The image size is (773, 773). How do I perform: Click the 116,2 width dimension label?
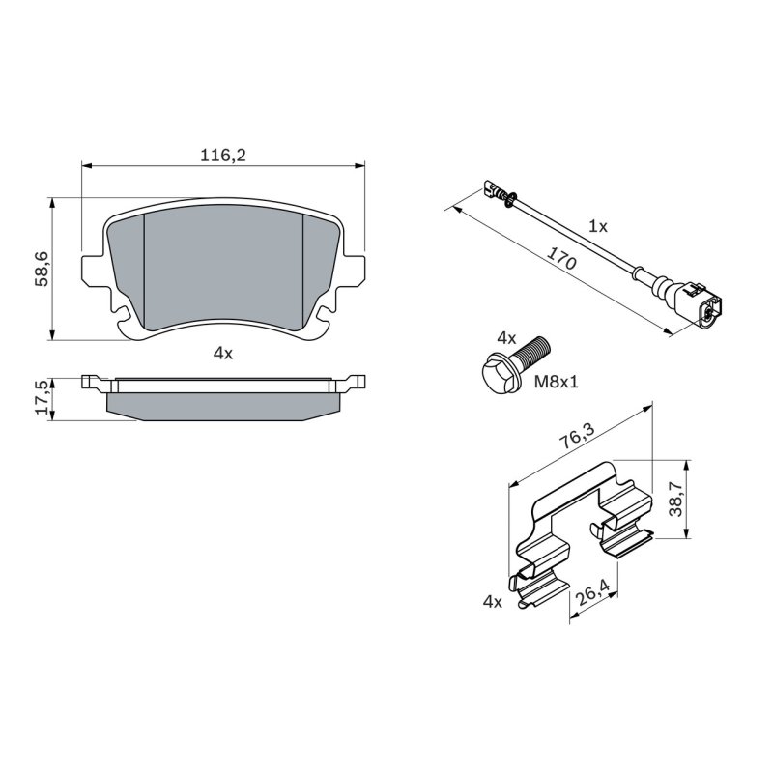pyautogui.click(x=222, y=156)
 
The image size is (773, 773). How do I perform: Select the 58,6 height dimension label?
pyautogui.click(x=42, y=269)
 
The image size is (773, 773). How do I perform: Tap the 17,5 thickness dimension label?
pyautogui.click(x=42, y=397)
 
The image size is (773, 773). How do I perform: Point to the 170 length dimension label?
pyautogui.click(x=562, y=258)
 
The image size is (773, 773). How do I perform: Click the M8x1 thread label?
pyautogui.click(x=557, y=381)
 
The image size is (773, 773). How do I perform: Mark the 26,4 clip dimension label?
pyautogui.click(x=593, y=591)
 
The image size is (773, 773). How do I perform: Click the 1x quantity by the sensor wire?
pyautogui.click(x=598, y=226)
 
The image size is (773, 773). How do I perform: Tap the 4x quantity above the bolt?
pyautogui.click(x=506, y=338)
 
